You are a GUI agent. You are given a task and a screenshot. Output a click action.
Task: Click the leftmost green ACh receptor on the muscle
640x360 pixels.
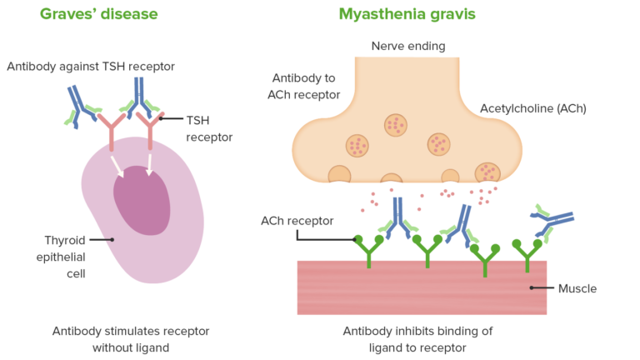point(367,248)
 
